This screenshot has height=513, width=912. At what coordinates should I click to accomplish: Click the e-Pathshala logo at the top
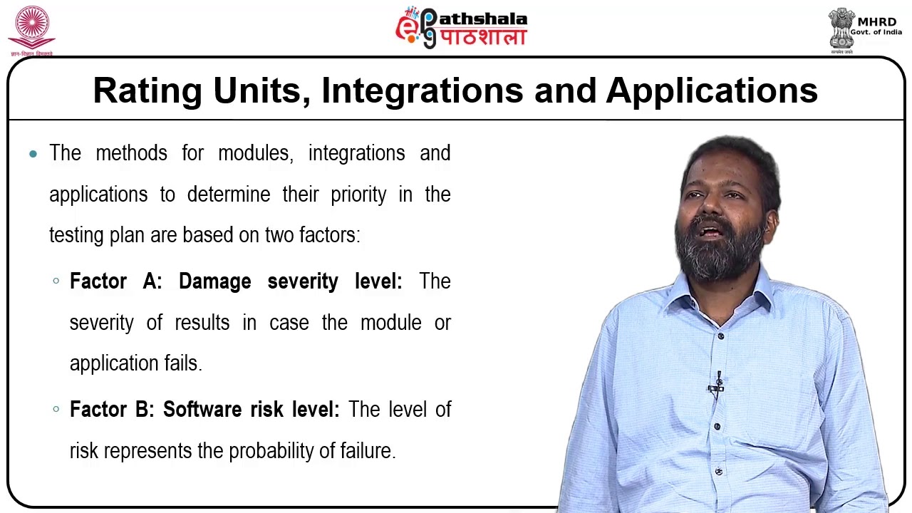point(462,28)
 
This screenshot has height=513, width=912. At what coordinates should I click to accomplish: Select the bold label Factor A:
point(115,281)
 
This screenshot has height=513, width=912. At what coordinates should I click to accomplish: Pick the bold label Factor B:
point(111,410)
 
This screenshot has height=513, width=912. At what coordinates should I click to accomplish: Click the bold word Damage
point(214,281)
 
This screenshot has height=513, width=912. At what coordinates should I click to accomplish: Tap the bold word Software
point(202,410)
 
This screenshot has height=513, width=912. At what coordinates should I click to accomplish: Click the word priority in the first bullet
point(358,195)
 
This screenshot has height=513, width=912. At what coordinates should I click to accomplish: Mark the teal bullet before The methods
point(33,154)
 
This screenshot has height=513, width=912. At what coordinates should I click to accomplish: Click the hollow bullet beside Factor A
point(56,281)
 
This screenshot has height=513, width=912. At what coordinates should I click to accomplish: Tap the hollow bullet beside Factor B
point(56,410)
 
